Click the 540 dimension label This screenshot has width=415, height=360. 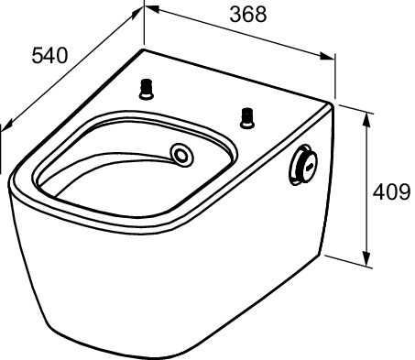click(49, 56)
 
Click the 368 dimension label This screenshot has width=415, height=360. click(248, 14)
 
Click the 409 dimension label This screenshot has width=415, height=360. click(391, 192)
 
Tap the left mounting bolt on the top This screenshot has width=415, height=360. click(147, 89)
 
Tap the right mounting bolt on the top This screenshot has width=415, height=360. click(246, 118)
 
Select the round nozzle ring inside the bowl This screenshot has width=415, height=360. click(182, 155)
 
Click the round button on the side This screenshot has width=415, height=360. click(303, 165)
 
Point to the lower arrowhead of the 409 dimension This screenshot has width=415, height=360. click(366, 259)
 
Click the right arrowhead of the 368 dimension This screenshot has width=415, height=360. click(327, 56)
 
